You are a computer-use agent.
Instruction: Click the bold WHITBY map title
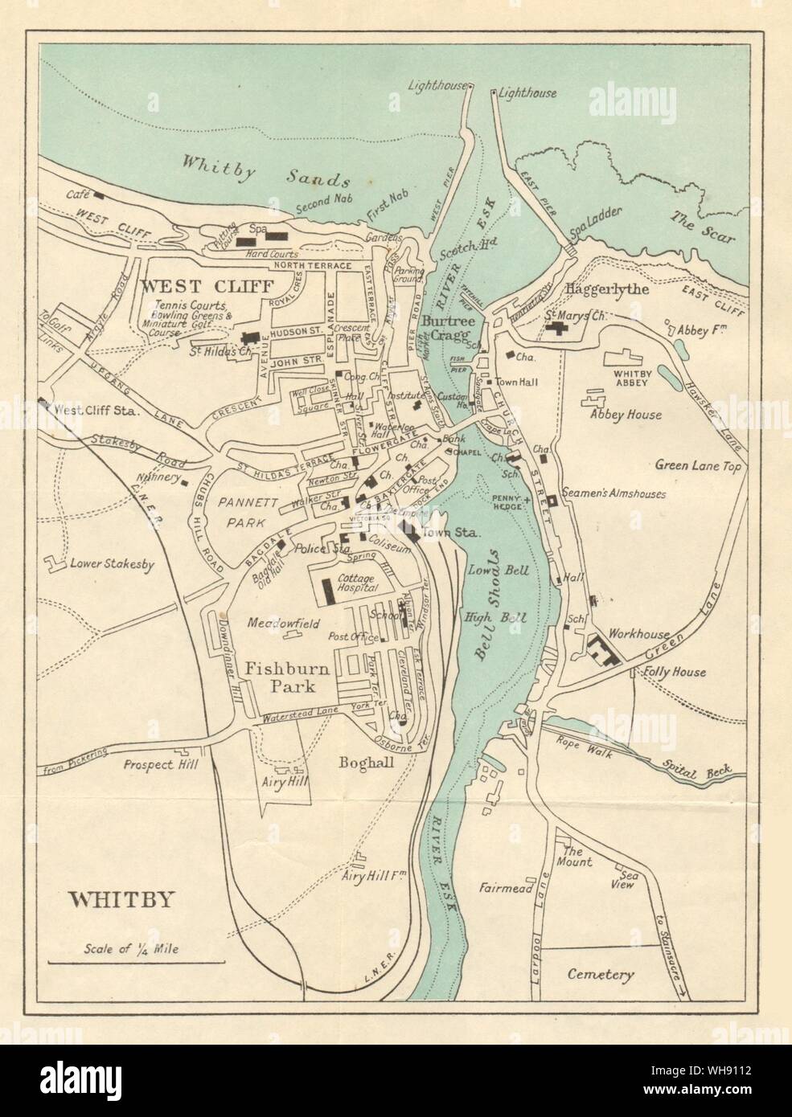[121, 899]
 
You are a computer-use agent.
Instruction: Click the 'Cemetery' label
[601, 975]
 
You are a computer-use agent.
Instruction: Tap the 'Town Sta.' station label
[450, 533]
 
